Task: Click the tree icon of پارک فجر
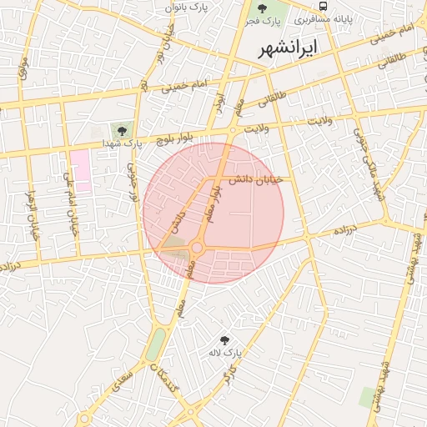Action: [x=263, y=8]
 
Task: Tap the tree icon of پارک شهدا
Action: [x=123, y=130]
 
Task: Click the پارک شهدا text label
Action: [x=119, y=144]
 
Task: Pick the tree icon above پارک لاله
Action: [x=224, y=339]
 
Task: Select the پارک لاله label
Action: [x=224, y=353]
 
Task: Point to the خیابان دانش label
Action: [x=257, y=179]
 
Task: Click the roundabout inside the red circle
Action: [x=198, y=247]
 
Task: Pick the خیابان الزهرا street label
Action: [x=34, y=215]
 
